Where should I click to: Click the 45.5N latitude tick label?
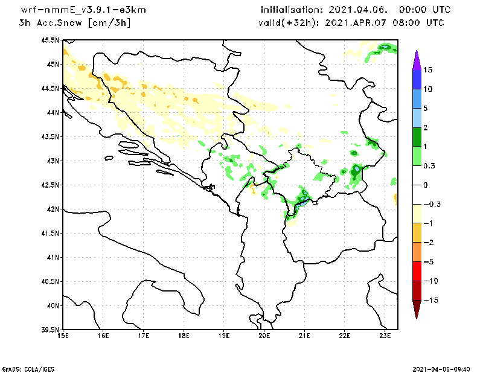pyautogui.click(x=50, y=40)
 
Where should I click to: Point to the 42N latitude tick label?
pyautogui.click(x=53, y=209)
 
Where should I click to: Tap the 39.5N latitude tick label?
pyautogui.click(x=50, y=330)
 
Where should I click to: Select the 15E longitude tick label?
pyautogui.click(x=62, y=336)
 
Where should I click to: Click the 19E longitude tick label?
pyautogui.click(x=224, y=336)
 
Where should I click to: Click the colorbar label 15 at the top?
pyautogui.click(x=428, y=69)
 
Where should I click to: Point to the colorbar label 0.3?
pyautogui.click(x=430, y=165)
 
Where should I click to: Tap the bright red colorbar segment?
pyautogui.click(x=416, y=271)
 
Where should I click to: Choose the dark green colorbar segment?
pyautogui.click(x=416, y=136)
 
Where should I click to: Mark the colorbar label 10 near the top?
pyautogui.click(x=428, y=89)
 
